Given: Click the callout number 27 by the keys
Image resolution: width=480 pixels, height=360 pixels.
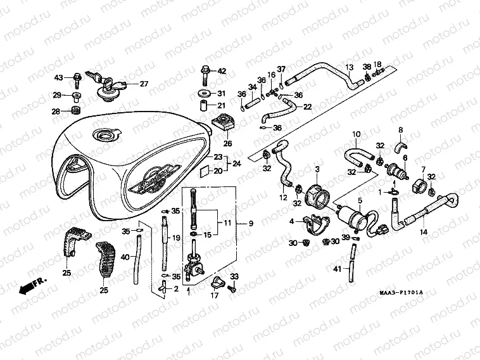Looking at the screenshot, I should coord(144,84).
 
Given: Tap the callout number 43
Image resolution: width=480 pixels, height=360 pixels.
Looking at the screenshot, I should coord(58,78).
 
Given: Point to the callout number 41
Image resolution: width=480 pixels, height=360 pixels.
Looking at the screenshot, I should coord(336,269).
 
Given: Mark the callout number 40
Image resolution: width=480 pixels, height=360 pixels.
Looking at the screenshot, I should coord(125,257).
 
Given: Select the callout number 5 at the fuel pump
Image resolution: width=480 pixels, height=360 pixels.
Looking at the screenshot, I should coord(359,201).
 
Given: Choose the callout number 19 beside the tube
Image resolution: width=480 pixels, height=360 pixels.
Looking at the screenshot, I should coord(177,238).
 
